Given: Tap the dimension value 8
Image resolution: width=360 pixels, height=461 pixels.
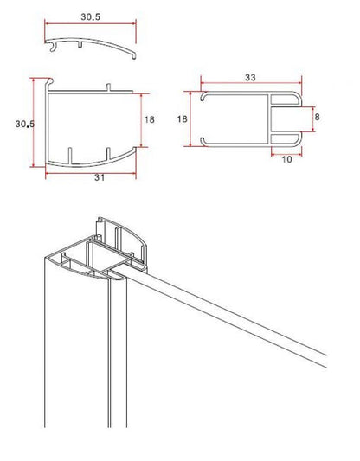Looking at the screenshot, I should click(318, 116).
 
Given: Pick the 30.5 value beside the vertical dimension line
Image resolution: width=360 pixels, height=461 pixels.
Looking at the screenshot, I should click(23, 125).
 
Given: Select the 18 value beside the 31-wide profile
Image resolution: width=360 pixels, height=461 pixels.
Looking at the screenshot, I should click(151, 120).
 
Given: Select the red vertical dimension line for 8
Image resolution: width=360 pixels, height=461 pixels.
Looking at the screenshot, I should click(310, 116).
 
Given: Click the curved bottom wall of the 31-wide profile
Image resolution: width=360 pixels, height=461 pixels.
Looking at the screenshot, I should click(95, 162).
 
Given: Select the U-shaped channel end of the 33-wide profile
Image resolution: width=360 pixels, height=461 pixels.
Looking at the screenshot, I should click(286, 116).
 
